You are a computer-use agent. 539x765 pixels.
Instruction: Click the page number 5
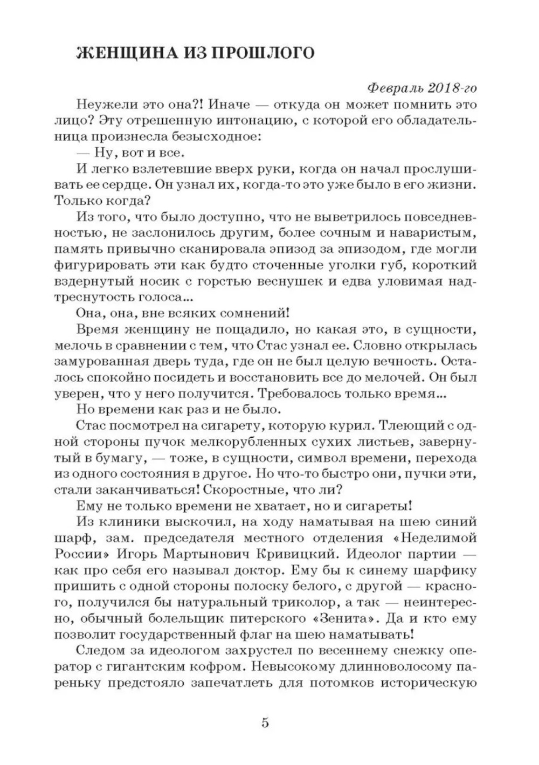click(265, 722)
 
